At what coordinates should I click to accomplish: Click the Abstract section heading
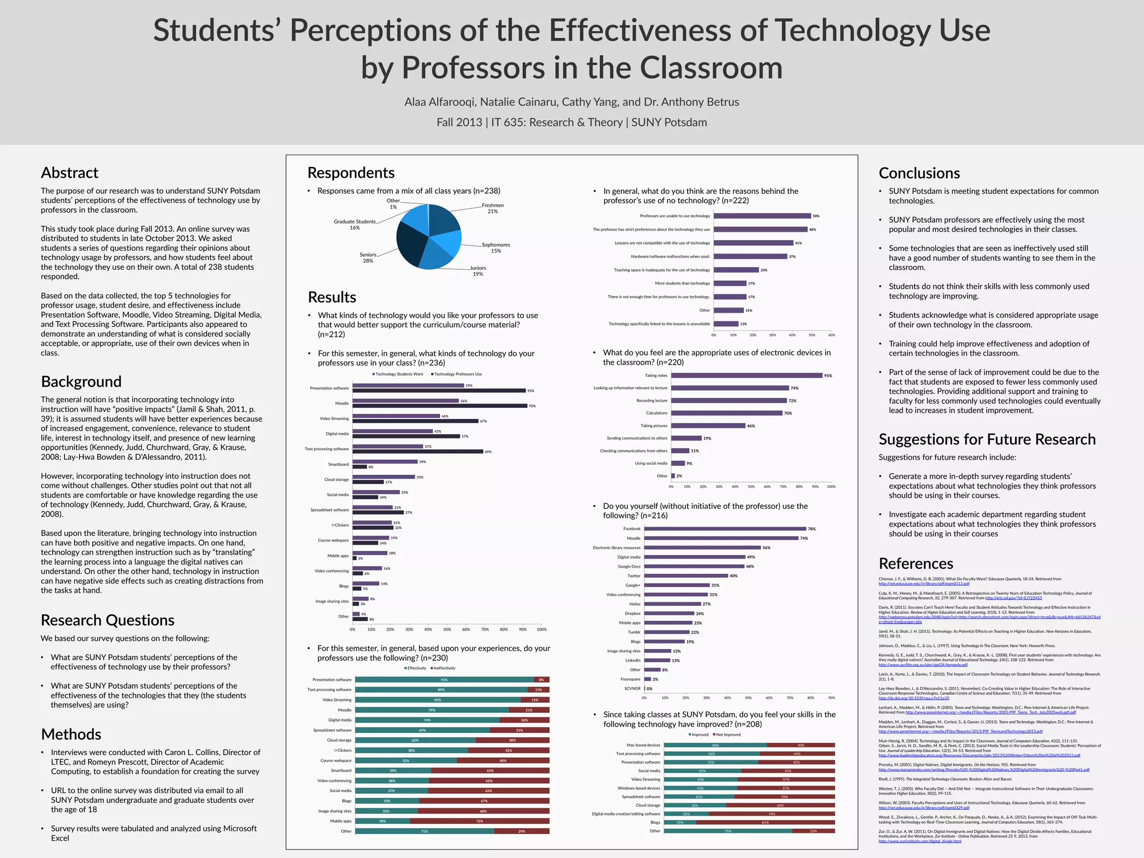click(x=69, y=173)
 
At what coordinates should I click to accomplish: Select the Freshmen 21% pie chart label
click(x=493, y=208)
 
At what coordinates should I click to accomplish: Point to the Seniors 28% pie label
click(x=368, y=258)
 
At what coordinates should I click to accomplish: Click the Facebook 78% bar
click(x=724, y=528)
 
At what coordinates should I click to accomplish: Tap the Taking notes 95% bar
click(x=746, y=375)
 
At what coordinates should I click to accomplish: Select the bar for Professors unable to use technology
click(x=762, y=216)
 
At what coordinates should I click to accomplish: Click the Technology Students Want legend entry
click(x=398, y=374)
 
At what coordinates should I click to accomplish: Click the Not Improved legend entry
click(x=727, y=735)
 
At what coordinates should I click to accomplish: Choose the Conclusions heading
click(x=919, y=173)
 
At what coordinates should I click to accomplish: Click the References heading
click(x=916, y=564)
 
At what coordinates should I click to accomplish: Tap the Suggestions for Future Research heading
click(x=986, y=440)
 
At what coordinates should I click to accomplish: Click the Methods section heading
click(x=71, y=734)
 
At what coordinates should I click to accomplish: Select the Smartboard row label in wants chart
click(x=338, y=464)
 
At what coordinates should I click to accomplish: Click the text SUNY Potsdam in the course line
click(x=669, y=122)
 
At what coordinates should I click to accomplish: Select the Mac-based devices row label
click(x=643, y=745)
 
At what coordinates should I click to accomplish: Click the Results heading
click(x=332, y=297)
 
